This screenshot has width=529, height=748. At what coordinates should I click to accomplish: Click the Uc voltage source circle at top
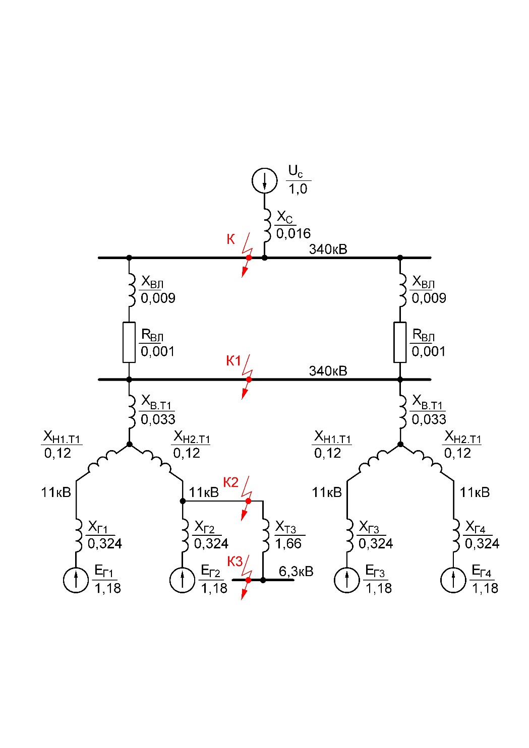tap(264, 180)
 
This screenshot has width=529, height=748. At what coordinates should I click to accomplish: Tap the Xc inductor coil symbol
tap(267, 225)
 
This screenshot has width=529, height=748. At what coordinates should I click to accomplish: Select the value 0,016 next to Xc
tap(293, 233)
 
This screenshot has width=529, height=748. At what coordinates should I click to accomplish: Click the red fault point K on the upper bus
tap(249, 258)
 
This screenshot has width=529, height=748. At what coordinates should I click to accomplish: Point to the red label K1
tap(233, 361)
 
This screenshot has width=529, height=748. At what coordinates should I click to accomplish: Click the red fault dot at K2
tap(248, 501)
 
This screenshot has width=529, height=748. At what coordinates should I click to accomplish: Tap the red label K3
tap(234, 562)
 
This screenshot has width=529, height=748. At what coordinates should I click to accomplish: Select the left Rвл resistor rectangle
tap(129, 342)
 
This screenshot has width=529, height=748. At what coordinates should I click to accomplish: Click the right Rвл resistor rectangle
tap(400, 342)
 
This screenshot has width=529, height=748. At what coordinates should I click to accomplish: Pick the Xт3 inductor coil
tap(266, 536)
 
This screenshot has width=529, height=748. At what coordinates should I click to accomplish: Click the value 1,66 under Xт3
tap(288, 544)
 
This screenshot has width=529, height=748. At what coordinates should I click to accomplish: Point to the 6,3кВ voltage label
tap(296, 572)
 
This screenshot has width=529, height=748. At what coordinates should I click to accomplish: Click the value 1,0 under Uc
tap(298, 190)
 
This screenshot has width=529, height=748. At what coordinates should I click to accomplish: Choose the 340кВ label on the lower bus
tap(328, 371)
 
